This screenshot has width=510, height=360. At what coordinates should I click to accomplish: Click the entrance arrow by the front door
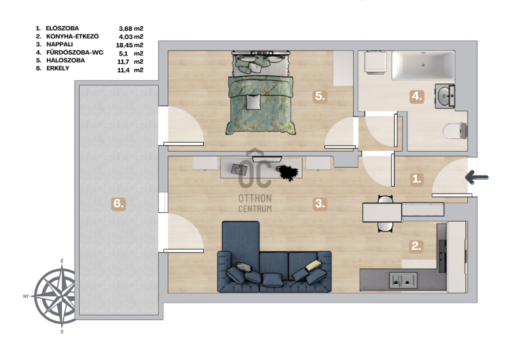[x=477, y=177]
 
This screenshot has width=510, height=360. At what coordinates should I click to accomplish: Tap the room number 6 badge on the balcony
[x=118, y=204]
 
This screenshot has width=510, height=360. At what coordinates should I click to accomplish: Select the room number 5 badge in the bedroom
[x=320, y=97]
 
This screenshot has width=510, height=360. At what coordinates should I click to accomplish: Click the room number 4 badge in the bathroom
[x=417, y=97]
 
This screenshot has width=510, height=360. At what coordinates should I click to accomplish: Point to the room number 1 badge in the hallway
[x=417, y=178]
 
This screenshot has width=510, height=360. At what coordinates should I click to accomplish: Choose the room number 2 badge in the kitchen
[x=416, y=246]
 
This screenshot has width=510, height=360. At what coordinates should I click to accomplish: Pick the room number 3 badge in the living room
[x=320, y=204]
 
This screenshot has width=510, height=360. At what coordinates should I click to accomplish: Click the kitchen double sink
[x=403, y=280]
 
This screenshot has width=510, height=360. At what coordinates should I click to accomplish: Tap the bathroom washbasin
[x=445, y=96]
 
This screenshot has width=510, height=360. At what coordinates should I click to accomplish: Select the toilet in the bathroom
[x=455, y=131]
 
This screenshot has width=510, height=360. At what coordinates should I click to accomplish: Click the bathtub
[x=423, y=65]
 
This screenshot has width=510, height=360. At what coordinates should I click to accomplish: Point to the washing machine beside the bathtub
[x=375, y=61]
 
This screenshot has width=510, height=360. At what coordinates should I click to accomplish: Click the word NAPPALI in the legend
[x=59, y=44]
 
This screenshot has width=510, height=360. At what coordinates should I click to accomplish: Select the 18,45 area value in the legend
[x=124, y=45]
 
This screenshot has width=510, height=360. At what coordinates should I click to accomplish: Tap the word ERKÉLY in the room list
[x=57, y=68]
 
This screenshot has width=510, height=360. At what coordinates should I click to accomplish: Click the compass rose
[x=55, y=296]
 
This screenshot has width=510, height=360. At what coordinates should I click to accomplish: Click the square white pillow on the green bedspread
[x=254, y=102]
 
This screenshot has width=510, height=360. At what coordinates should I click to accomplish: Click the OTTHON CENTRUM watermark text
[x=255, y=203]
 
